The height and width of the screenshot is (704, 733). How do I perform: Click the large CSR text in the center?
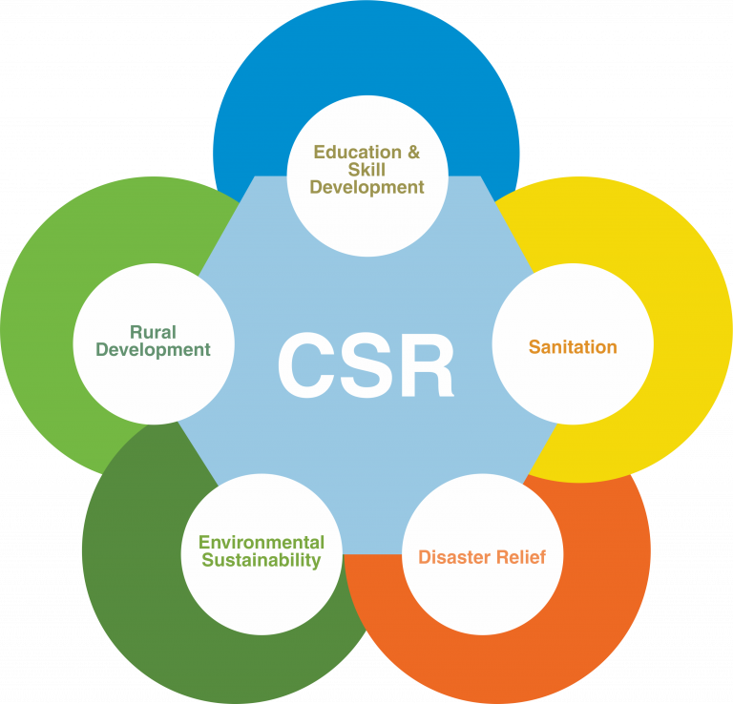click(366, 366)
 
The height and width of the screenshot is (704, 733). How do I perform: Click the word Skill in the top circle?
click(366, 170)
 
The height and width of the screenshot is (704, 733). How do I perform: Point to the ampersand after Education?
click(412, 152)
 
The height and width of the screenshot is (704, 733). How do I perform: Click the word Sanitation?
click(573, 347)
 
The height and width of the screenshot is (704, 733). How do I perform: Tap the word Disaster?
click(454, 557)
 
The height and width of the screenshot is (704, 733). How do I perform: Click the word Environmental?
click(262, 542)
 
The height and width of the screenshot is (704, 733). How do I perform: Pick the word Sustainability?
click(262, 561)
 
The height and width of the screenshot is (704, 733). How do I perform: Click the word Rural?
click(153, 332)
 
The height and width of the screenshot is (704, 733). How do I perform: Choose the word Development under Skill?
click(366, 188)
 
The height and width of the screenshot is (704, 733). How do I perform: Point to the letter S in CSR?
click(366, 366)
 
